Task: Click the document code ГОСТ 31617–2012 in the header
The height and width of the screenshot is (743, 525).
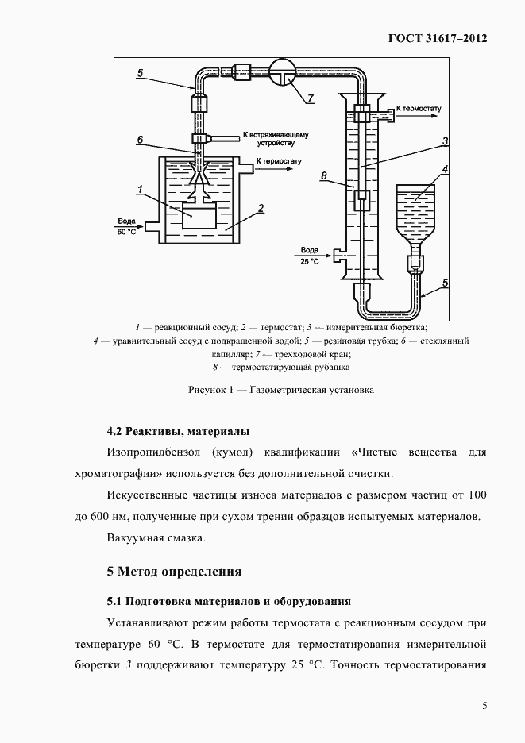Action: tap(437, 37)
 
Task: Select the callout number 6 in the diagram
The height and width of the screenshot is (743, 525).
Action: tap(139, 140)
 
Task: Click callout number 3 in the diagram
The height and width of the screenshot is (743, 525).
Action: tap(446, 141)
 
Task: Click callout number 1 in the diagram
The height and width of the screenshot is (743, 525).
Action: tap(139, 190)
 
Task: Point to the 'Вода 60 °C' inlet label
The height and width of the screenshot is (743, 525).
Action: tap(127, 227)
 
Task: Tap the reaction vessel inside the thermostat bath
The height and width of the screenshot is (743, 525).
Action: tap(198, 216)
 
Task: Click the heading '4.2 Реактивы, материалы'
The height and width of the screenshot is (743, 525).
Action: tap(178, 432)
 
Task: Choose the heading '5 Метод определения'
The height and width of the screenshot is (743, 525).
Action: tap(174, 571)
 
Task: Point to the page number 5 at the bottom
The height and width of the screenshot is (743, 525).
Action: tap(484, 706)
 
